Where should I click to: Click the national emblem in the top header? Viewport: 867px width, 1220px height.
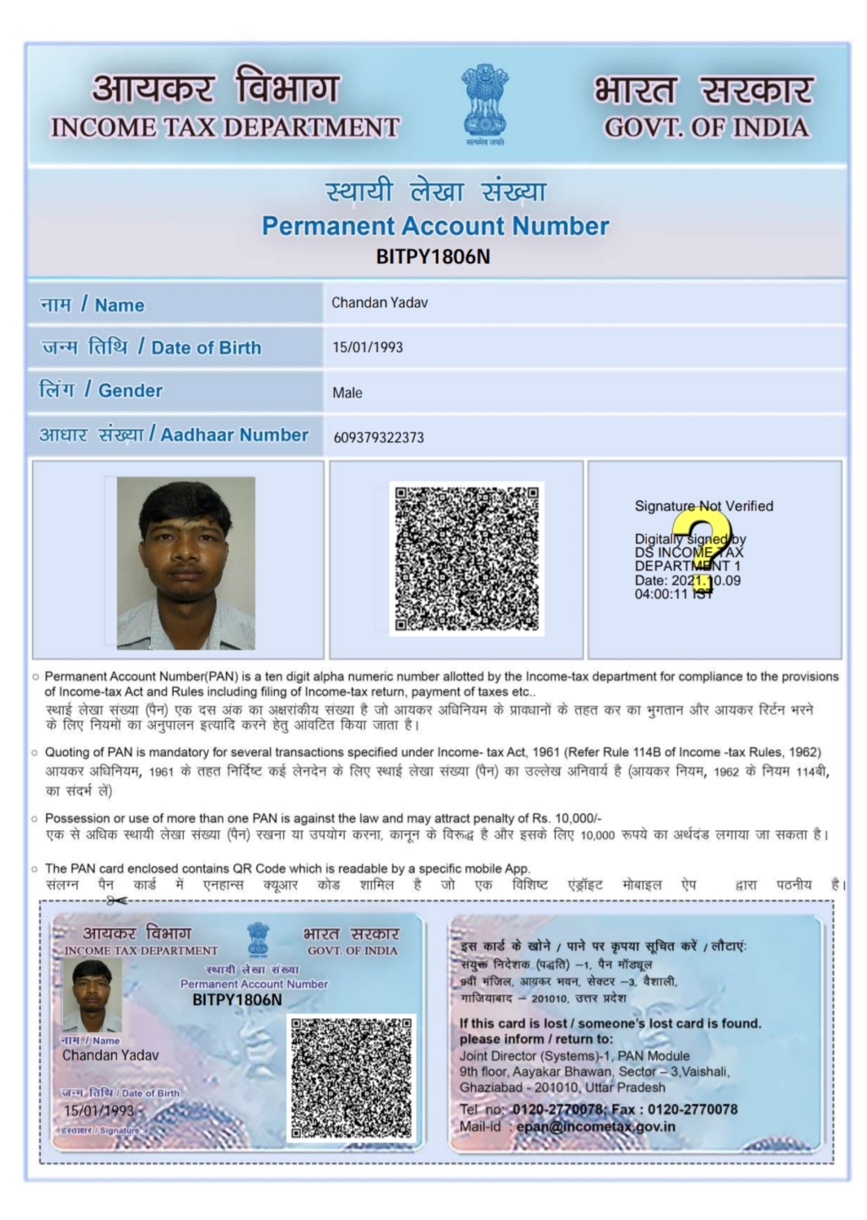[485, 103]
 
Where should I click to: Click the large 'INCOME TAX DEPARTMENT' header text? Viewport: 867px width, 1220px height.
[225, 127]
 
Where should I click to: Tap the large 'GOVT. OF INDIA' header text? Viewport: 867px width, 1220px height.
[707, 127]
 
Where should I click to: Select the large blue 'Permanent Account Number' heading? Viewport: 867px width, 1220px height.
[435, 226]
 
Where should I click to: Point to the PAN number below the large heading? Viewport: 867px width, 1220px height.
[433, 256]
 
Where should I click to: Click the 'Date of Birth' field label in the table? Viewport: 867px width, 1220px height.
[206, 348]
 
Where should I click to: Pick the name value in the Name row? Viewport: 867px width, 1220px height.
[380, 303]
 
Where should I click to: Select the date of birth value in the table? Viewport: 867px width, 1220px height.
[368, 348]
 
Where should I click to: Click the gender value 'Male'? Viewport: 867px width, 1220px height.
[347, 392]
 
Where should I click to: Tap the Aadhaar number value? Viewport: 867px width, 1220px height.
[379, 437]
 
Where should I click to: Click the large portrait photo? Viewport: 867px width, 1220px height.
[186, 563]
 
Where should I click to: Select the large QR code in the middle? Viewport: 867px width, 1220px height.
[466, 559]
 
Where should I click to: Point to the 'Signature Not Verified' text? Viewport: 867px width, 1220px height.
[703, 506]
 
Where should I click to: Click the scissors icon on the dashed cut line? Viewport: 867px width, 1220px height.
[117, 900]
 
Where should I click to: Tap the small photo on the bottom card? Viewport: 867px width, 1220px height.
[92, 995]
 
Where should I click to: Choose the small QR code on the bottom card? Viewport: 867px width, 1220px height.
[352, 1077]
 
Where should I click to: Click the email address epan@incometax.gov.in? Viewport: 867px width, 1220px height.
[596, 1126]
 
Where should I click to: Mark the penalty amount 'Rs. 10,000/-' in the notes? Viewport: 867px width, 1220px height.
[567, 818]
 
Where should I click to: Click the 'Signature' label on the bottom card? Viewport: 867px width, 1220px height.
[120, 1130]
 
